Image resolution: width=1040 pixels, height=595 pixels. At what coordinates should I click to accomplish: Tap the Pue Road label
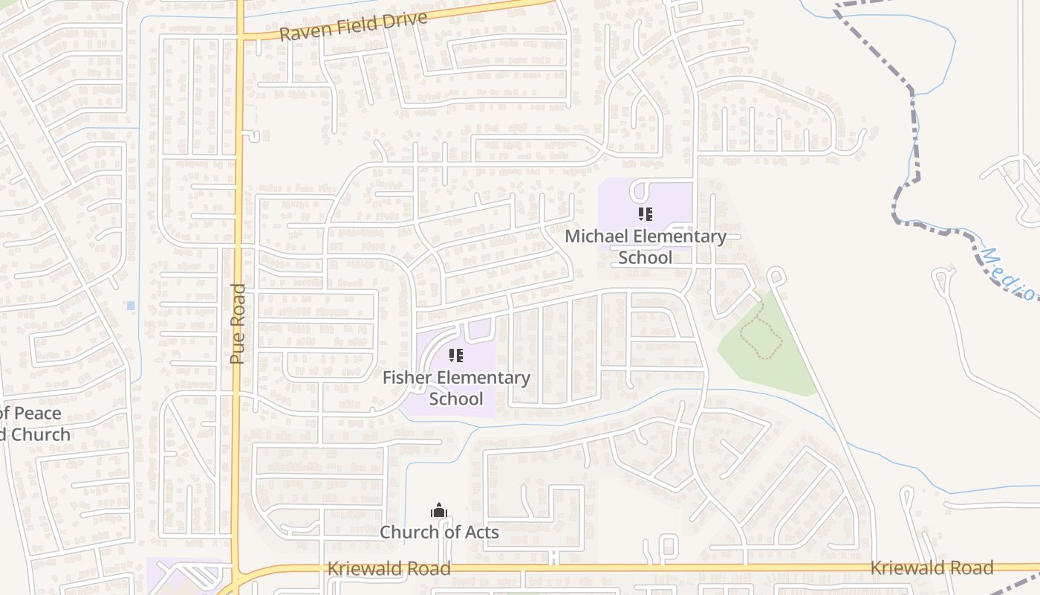[x=237, y=324]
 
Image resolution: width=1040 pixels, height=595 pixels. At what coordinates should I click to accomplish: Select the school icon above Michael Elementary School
[x=645, y=214]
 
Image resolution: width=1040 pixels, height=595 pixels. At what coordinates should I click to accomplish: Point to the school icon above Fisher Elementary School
[x=456, y=356]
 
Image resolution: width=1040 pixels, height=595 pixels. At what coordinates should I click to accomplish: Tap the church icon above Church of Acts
[x=439, y=510]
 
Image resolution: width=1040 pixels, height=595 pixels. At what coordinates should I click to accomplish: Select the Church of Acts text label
[x=439, y=533]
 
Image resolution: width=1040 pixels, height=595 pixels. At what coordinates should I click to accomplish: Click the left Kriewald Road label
[x=389, y=569]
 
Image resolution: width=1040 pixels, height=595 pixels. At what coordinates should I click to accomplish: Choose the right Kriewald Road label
[x=932, y=568]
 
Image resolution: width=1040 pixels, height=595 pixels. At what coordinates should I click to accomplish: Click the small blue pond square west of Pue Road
[x=131, y=306]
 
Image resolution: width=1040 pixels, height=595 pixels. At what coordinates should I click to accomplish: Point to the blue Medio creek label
[x=1009, y=274]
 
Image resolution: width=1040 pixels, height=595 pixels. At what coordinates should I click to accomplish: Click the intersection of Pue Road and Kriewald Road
[x=238, y=574]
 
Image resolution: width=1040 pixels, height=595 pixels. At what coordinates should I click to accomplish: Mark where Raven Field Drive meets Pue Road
[x=241, y=36]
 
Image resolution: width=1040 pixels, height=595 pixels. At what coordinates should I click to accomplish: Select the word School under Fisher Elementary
[x=456, y=399]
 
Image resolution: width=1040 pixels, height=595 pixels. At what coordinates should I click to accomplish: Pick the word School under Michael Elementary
[x=645, y=257]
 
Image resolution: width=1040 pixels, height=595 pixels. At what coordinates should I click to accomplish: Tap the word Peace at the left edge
[x=37, y=414]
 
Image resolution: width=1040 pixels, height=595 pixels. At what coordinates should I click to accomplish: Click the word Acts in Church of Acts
[x=480, y=533]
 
